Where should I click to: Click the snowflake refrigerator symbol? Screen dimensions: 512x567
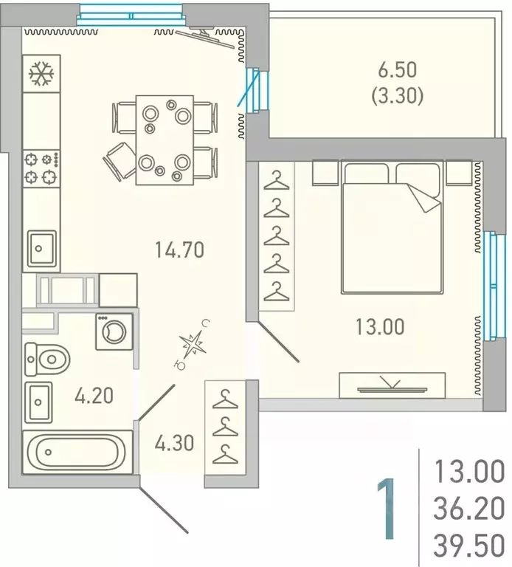pos(41,74)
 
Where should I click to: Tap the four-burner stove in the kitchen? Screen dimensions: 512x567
pos(41,168)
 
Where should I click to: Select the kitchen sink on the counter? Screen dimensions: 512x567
pos(42,248)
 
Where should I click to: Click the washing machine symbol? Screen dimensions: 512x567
pos(114,331)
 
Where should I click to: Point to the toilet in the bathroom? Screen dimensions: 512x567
pos(47,360)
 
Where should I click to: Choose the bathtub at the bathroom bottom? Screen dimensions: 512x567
pos(77,452)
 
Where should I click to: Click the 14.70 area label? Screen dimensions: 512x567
pos(179,250)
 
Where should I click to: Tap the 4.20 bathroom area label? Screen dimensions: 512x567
pos(94,396)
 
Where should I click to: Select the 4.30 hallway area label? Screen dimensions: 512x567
pos(175,443)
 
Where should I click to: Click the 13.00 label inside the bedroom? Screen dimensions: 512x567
pos(380,326)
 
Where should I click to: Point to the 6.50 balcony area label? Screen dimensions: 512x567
pos(398,70)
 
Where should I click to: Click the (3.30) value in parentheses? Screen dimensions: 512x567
pos(398,96)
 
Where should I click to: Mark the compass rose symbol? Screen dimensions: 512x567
pos(193,344)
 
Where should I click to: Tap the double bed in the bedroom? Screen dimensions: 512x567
pos(392,227)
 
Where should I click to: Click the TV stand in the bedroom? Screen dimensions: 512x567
pos(392,385)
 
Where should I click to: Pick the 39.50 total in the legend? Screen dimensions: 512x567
pos(469,546)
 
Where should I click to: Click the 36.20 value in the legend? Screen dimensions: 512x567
pos(469,509)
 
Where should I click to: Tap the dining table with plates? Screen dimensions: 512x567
pos(165,140)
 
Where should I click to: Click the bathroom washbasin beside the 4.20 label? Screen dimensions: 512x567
pos(38,402)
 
